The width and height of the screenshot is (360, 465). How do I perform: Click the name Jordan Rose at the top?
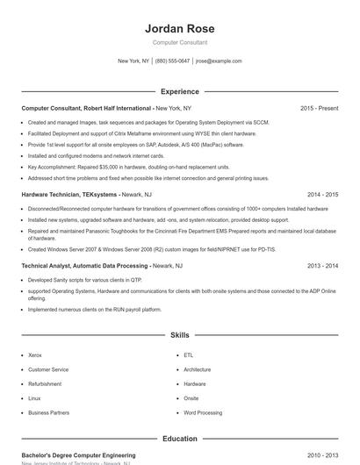(179, 28)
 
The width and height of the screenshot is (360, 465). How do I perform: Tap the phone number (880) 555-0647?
(172, 61)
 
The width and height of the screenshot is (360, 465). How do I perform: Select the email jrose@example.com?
(219, 61)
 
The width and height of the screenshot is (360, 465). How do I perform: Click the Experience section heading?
(179, 91)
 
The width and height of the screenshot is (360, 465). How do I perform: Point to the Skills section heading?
(179, 335)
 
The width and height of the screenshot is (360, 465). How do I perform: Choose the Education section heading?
(179, 438)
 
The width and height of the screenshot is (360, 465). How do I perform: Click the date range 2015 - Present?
(319, 108)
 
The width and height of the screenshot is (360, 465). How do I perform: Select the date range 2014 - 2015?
(322, 194)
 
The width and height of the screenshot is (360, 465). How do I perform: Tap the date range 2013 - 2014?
(322, 265)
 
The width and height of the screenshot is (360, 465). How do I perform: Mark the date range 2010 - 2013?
(322, 455)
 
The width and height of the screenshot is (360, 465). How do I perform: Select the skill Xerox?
(35, 355)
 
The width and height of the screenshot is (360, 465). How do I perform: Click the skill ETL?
(188, 355)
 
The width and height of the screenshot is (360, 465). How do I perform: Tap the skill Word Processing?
(203, 412)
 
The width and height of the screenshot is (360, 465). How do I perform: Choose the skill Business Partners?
(48, 412)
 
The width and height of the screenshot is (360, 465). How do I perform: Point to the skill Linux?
(34, 398)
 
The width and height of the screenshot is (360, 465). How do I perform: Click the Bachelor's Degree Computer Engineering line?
(78, 455)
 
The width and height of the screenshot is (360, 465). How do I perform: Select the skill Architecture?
(198, 369)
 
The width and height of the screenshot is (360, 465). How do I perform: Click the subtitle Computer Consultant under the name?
(179, 42)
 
